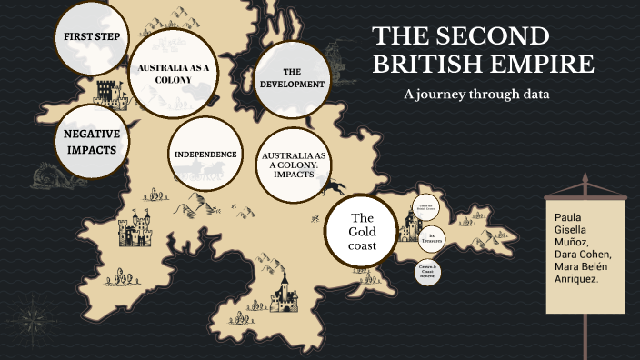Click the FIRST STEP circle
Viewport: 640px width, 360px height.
[92, 37]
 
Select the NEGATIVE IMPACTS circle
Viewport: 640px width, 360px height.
[92, 141]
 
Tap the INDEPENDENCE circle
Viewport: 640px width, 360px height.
[205, 155]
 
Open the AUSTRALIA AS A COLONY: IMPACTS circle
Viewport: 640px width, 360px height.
[296, 165]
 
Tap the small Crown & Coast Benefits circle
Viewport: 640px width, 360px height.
[428, 271]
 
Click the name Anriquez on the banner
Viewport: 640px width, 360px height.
[575, 279]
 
